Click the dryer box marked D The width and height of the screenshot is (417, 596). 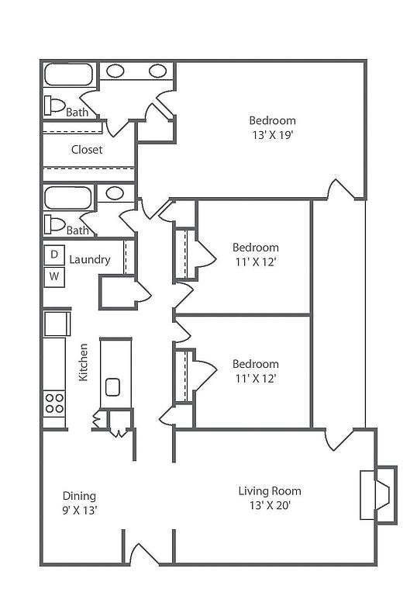[x=54, y=255]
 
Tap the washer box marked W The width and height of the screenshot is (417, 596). [x=54, y=277]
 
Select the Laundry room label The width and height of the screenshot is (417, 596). [x=90, y=260]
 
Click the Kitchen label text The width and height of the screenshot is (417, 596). [x=83, y=362]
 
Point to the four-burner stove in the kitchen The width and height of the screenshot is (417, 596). [x=54, y=404]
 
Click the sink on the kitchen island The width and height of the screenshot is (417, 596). [x=113, y=387]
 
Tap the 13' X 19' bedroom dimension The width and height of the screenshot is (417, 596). [x=273, y=135]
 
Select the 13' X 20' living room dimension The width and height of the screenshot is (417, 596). [x=270, y=505]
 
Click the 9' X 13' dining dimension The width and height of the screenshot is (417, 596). [x=80, y=510]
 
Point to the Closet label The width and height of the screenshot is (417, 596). [x=87, y=149]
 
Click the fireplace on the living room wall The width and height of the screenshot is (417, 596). [x=379, y=495]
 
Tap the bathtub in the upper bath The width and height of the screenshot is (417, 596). [x=69, y=74]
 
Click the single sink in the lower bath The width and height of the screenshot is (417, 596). [x=115, y=193]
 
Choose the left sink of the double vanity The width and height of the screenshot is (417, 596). [x=115, y=71]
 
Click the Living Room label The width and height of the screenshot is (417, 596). [x=270, y=490]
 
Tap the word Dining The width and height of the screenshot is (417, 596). [x=79, y=496]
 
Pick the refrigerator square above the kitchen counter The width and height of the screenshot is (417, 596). [x=57, y=324]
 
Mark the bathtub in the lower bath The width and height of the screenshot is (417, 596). [x=68, y=198]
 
